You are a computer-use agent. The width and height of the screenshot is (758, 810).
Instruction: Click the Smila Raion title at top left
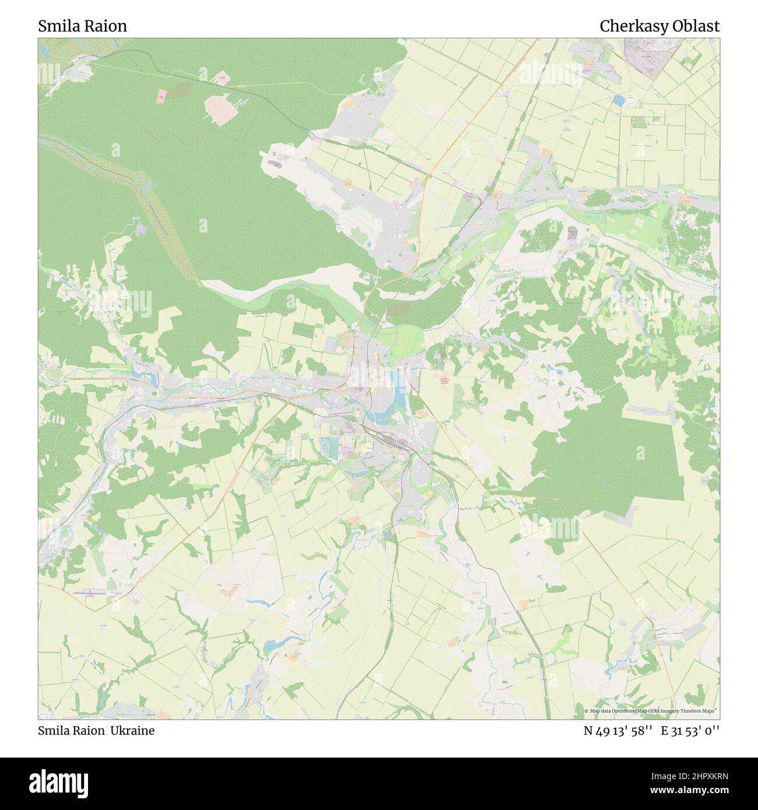click(x=82, y=26)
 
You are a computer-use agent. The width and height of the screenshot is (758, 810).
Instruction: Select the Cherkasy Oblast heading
click(x=659, y=26)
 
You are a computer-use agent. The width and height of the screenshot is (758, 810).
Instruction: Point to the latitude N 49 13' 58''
click(x=619, y=730)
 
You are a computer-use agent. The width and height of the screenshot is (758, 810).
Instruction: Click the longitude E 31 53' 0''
click(x=693, y=730)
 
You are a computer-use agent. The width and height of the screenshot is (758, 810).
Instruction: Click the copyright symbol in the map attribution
click(x=587, y=711)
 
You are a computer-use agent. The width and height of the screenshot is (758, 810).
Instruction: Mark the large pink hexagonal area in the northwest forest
click(x=220, y=109)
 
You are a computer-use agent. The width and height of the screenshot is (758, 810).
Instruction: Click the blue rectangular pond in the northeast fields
click(x=619, y=101)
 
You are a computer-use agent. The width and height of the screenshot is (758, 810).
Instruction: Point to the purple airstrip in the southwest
click(x=90, y=593)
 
